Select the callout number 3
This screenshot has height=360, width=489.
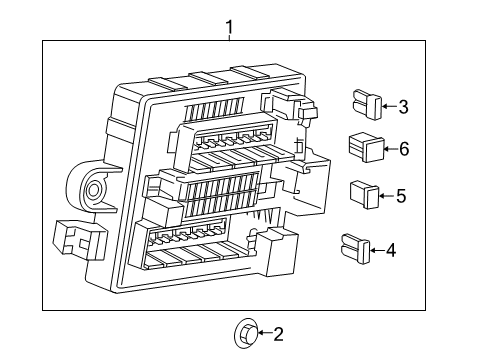(403, 106)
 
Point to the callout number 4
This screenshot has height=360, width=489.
(391, 250)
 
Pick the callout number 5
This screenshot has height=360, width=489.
(400, 196)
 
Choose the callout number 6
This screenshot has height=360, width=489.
(404, 149)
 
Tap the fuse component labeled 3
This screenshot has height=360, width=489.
(365, 104)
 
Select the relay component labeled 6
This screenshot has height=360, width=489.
(366, 148)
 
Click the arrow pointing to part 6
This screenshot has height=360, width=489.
(390, 149)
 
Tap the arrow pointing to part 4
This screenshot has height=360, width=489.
(378, 250)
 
